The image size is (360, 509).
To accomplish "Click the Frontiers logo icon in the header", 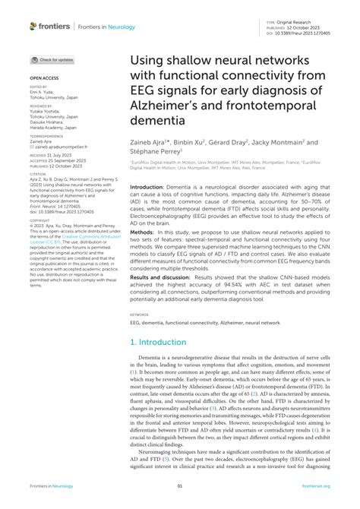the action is [33, 26].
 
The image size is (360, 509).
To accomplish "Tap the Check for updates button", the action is [52, 59].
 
